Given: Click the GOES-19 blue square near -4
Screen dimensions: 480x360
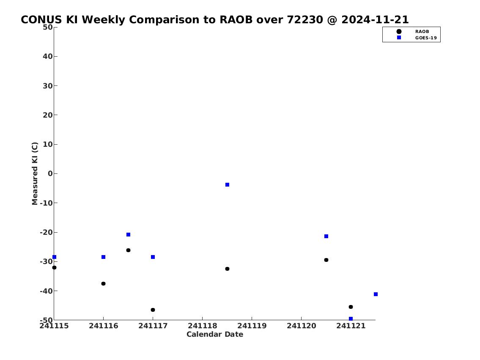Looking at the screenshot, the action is click(227, 184).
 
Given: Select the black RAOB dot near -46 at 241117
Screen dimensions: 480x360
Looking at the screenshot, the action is click(153, 310).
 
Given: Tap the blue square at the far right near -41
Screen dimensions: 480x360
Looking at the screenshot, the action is click(376, 294).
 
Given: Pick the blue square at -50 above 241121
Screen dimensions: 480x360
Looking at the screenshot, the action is click(351, 319).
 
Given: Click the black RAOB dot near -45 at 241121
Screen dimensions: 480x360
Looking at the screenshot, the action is click(351, 307).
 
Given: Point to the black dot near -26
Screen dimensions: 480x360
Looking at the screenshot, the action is click(128, 250).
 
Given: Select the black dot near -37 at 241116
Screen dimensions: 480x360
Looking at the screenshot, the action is click(104, 283).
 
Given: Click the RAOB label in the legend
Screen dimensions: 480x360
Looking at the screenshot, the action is click(422, 32).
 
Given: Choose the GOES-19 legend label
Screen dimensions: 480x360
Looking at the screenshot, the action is click(426, 38).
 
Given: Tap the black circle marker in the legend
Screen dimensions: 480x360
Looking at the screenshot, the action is click(399, 32).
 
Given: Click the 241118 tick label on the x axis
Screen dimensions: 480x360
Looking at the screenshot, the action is click(202, 326).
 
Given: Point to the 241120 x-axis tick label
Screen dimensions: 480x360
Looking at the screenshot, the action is click(301, 326).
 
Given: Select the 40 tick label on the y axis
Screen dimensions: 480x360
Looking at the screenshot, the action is click(48, 56).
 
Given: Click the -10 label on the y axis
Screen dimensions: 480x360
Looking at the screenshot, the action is click(46, 203).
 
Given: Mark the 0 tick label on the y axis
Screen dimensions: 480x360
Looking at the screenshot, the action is click(50, 173).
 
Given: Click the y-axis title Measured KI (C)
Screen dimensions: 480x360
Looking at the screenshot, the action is click(35, 173).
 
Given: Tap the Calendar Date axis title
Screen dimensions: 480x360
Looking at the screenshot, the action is click(215, 334).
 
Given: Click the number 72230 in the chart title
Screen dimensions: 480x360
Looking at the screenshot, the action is click(305, 19).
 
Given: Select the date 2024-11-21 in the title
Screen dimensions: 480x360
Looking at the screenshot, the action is click(375, 19).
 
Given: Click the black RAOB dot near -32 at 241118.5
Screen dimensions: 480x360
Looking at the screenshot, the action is click(227, 269).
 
